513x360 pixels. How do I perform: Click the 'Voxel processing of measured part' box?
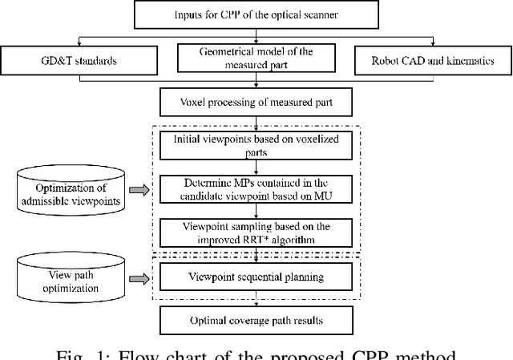(255, 102)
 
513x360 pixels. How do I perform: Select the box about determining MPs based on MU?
(255, 189)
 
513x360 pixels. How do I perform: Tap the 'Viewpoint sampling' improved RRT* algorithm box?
(255, 233)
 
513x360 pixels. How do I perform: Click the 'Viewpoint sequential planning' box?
(255, 277)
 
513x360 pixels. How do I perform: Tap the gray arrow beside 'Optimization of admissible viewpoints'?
(139, 190)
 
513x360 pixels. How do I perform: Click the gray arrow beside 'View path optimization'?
(139, 278)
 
